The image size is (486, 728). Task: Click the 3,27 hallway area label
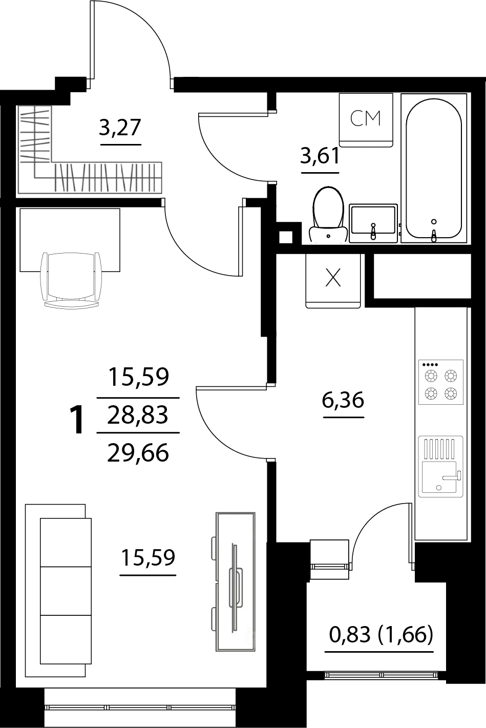point(120,127)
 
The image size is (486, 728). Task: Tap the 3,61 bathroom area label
point(320,155)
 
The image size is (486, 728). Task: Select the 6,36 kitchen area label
point(343,400)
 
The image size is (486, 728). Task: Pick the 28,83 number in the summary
point(138,415)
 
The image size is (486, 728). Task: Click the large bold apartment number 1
point(77,420)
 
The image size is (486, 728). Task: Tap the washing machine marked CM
point(366,120)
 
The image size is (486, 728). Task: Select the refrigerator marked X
point(333,281)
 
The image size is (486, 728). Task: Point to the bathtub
point(434,168)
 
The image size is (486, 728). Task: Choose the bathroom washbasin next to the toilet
point(373,223)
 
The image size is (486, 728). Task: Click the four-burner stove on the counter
point(441,382)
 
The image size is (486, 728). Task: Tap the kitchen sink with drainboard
point(441,466)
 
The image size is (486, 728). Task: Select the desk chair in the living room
point(71,280)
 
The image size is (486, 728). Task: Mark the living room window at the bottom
point(140,708)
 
